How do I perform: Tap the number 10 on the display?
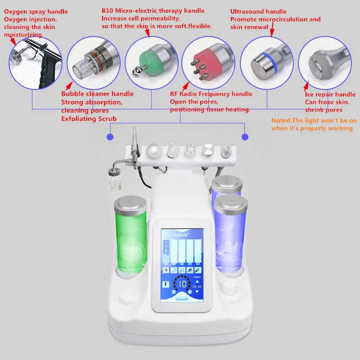(x=182, y=284)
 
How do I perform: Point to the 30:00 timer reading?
(x=196, y=286)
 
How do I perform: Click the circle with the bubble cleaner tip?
(x=94, y=62)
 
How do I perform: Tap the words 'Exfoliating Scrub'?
(x=90, y=119)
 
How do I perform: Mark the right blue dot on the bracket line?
(x=245, y=136)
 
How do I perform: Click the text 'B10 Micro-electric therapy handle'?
(x=153, y=11)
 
